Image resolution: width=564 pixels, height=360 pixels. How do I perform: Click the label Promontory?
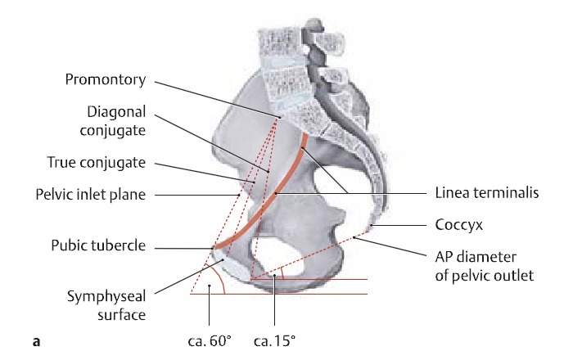click(x=106, y=80)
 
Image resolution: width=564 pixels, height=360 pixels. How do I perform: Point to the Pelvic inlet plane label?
click(x=89, y=195)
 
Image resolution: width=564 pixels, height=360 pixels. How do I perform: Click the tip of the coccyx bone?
click(x=369, y=227)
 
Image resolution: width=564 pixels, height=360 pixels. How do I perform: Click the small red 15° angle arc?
click(x=281, y=270)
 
